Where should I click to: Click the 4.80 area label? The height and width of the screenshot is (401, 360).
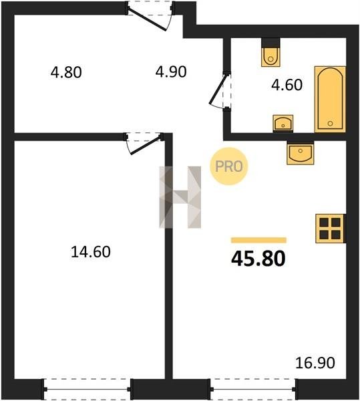point(66,72)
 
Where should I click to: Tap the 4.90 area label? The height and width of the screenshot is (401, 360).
point(171,72)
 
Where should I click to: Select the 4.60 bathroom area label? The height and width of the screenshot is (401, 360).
point(287,85)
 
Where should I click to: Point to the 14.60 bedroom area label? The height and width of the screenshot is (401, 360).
point(91,252)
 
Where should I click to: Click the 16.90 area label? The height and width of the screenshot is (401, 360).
point(315,363)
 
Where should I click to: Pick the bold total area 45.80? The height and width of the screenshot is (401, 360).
point(258,259)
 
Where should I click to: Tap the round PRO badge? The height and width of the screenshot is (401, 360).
point(229,166)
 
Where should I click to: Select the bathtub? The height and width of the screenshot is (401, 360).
point(330,100)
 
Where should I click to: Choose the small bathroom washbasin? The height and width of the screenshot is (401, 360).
point(283,124)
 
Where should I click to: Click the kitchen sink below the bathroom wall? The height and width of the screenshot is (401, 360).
point(300,152)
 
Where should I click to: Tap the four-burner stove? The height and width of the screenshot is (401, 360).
point(331,229)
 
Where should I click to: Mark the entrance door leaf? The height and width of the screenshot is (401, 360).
point(148,19)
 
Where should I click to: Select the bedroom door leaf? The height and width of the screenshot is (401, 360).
point(146,146)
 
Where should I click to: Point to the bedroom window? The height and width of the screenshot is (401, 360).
point(87,389)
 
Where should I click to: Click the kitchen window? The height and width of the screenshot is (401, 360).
point(253,389)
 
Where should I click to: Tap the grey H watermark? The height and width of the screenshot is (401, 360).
point(180,197)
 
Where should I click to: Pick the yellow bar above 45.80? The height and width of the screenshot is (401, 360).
point(258,240)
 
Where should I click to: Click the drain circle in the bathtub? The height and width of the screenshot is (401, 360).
point(330,124)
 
